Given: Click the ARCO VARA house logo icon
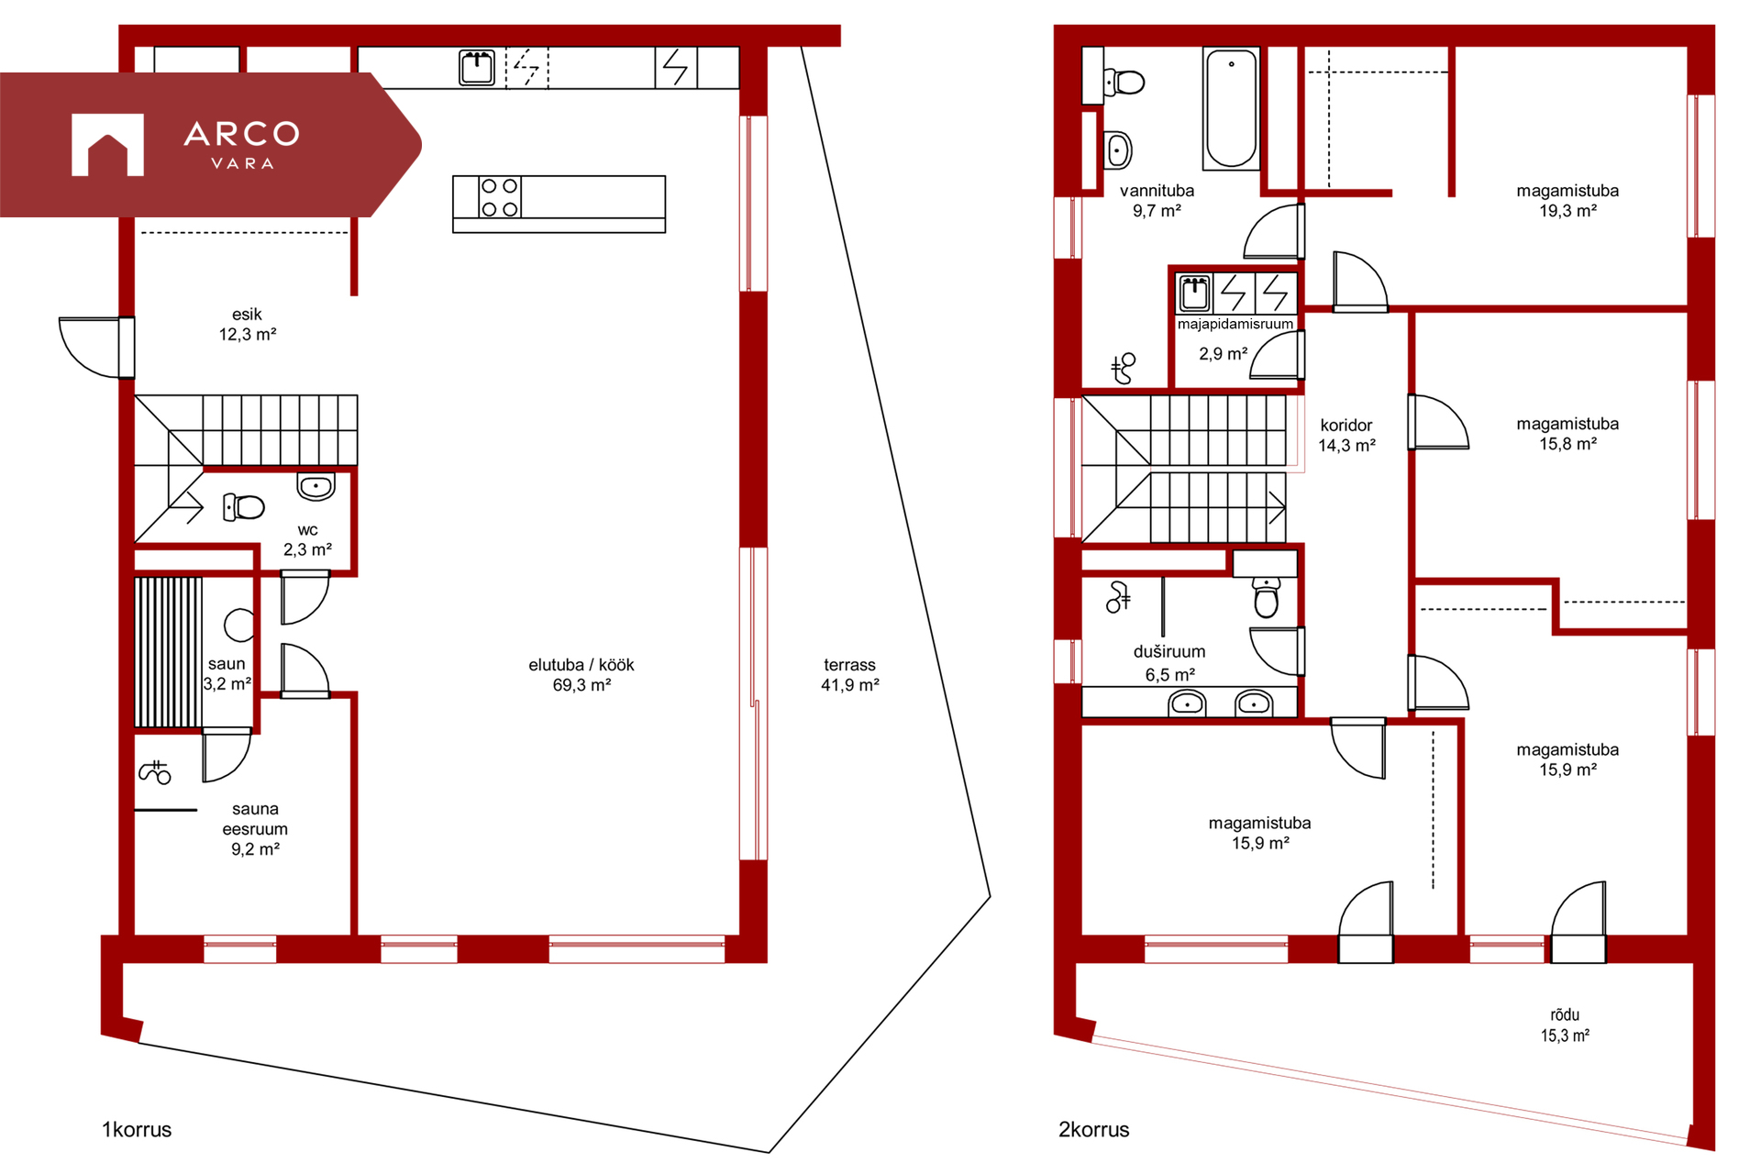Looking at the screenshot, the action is [x=107, y=144].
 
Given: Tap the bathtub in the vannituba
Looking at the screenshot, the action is [x=1231, y=109].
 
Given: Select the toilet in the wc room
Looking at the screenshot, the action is [x=244, y=506].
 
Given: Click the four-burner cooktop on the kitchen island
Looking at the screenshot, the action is [x=500, y=197].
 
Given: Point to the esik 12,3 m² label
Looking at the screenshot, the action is [x=248, y=325].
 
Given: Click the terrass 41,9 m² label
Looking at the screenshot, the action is [x=849, y=675].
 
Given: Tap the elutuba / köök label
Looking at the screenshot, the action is [x=581, y=665].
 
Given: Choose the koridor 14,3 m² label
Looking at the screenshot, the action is [x=1346, y=436].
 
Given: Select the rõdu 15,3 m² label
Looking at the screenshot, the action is [x=1565, y=1025].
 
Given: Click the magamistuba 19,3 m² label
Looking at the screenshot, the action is [x=1567, y=201].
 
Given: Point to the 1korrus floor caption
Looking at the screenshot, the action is [x=137, y=1130].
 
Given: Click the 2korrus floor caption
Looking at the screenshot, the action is [x=1094, y=1130].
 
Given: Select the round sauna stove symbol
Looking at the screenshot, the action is [x=239, y=625].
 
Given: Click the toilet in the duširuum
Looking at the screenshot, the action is [x=1267, y=597].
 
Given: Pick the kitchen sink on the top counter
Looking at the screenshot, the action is [x=477, y=68].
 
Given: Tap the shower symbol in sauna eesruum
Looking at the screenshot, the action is [x=155, y=773].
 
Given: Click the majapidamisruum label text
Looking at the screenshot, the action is [x=1235, y=324].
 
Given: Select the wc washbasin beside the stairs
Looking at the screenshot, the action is [x=316, y=486].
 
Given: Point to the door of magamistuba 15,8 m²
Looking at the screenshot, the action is [x=1438, y=422].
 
